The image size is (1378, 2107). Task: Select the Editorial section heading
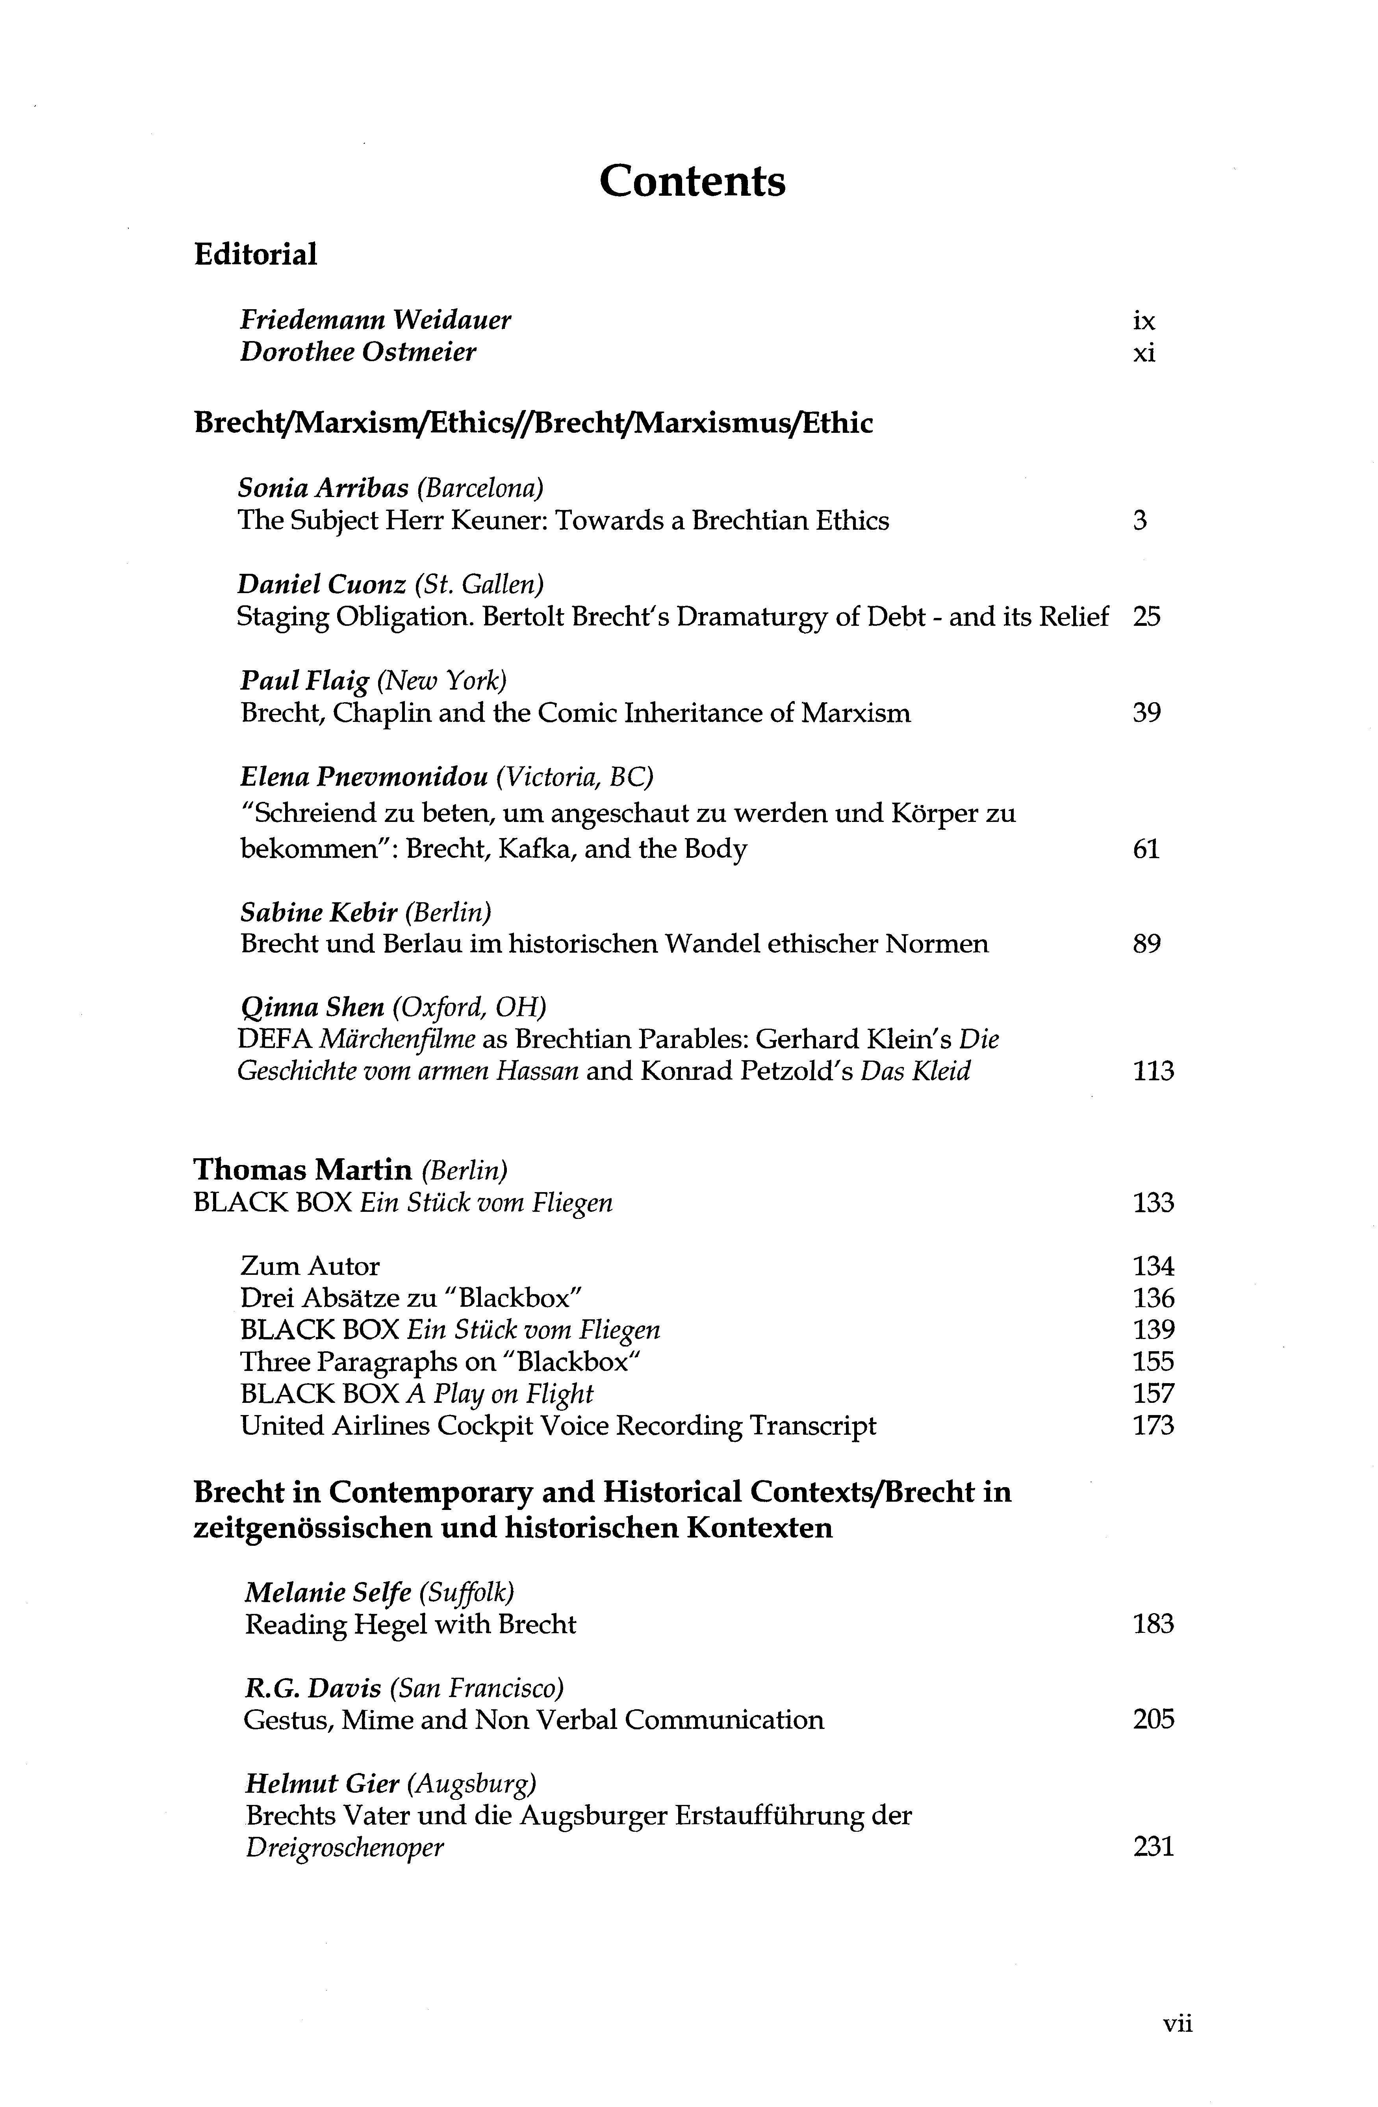255,255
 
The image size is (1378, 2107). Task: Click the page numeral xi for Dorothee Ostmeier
1143,353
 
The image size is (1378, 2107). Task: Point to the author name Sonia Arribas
323,488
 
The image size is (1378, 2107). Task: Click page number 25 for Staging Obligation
1146,617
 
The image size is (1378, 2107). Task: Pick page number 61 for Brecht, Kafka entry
1145,850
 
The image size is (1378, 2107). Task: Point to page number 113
1152,1072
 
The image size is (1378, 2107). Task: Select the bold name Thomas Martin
303,1170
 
